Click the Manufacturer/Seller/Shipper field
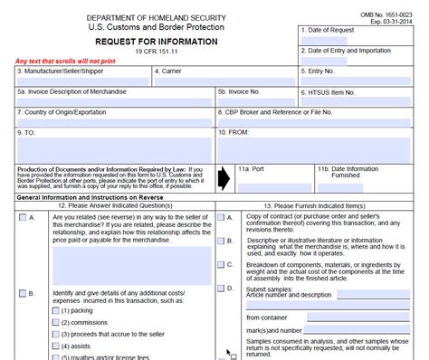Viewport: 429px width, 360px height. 81,81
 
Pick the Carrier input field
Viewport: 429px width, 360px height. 224,81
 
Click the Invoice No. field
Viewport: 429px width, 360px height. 259,102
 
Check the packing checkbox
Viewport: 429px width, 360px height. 56,309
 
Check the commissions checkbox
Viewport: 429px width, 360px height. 56,321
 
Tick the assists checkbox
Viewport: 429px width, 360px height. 56,346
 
